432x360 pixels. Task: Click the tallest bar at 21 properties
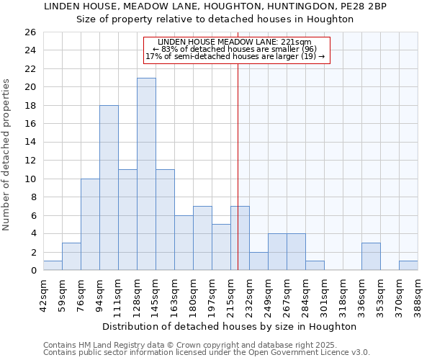coord(146,174)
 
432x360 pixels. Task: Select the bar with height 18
coord(109,188)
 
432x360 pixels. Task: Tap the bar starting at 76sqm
coord(90,225)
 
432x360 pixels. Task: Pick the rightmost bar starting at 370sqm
coord(408,266)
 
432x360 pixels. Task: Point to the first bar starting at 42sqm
coord(53,266)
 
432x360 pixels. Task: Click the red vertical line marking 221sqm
coord(238,166)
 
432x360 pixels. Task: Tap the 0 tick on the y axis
coord(32,271)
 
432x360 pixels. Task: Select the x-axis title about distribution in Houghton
coord(230,326)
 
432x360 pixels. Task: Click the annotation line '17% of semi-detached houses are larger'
coord(235,56)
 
